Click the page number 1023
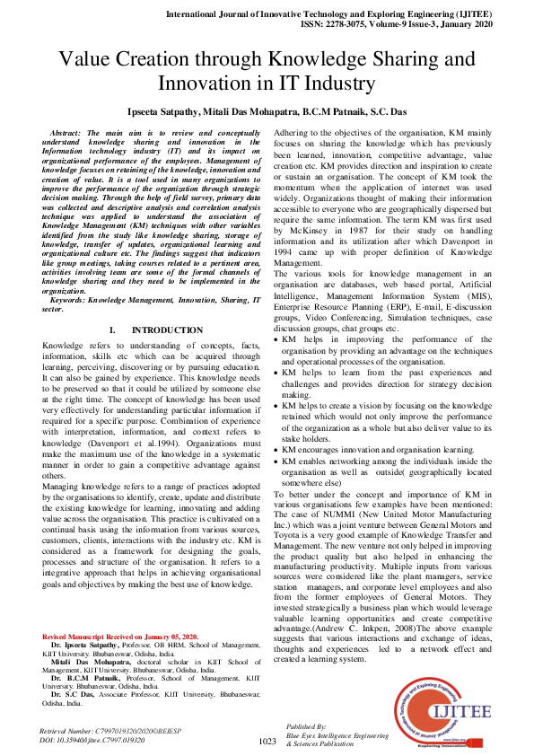click(x=267, y=742)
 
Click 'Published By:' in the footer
click(x=306, y=725)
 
